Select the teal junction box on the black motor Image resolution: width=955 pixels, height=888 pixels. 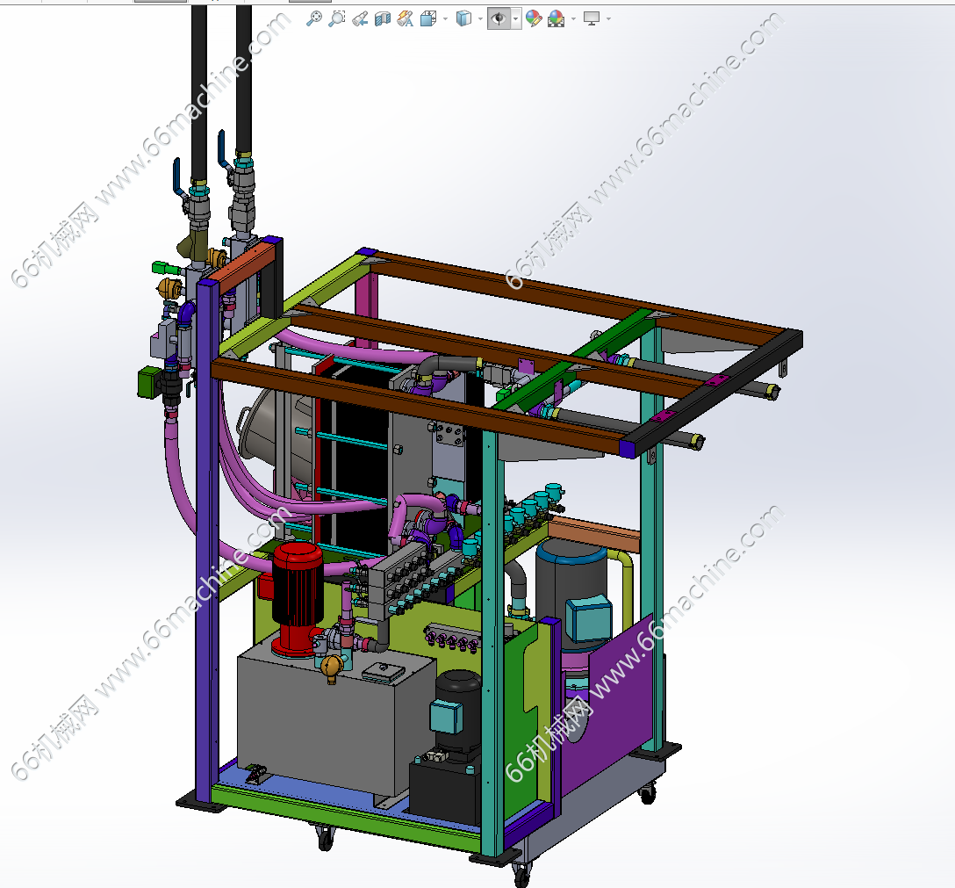click(446, 715)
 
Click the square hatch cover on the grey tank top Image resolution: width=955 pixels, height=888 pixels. click(384, 671)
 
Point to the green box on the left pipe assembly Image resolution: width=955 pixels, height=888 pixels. click(147, 382)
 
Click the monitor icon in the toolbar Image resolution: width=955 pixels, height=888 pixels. click(592, 19)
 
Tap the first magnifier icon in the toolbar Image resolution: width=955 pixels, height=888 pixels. click(313, 19)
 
